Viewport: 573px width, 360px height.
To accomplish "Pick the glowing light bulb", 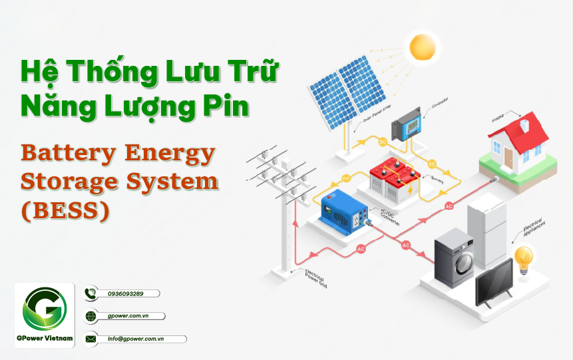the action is click(x=524, y=257).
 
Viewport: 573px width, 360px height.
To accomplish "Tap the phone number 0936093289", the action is click(x=125, y=293).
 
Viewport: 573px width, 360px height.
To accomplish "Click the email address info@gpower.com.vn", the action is click(x=136, y=339).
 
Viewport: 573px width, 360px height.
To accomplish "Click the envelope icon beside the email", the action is click(x=91, y=339).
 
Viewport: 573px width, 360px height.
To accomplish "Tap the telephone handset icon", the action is click(x=91, y=293).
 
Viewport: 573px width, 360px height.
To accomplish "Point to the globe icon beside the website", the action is click(x=91, y=316).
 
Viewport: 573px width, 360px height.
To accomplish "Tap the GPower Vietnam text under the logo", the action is click(x=45, y=338).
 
